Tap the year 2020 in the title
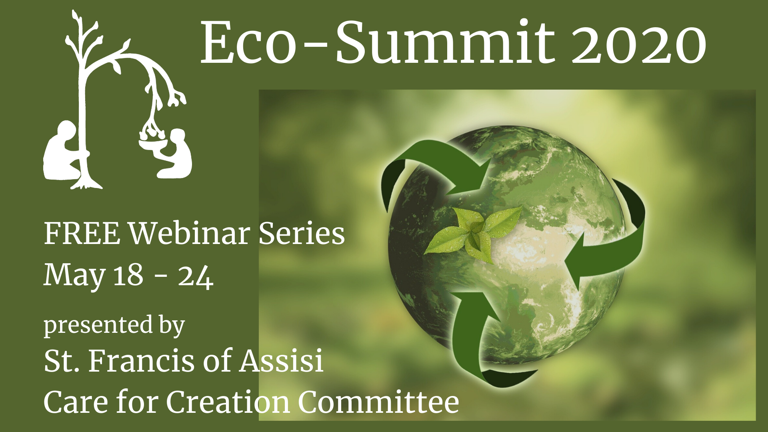[x=638, y=43]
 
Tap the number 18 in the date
[x=128, y=275]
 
